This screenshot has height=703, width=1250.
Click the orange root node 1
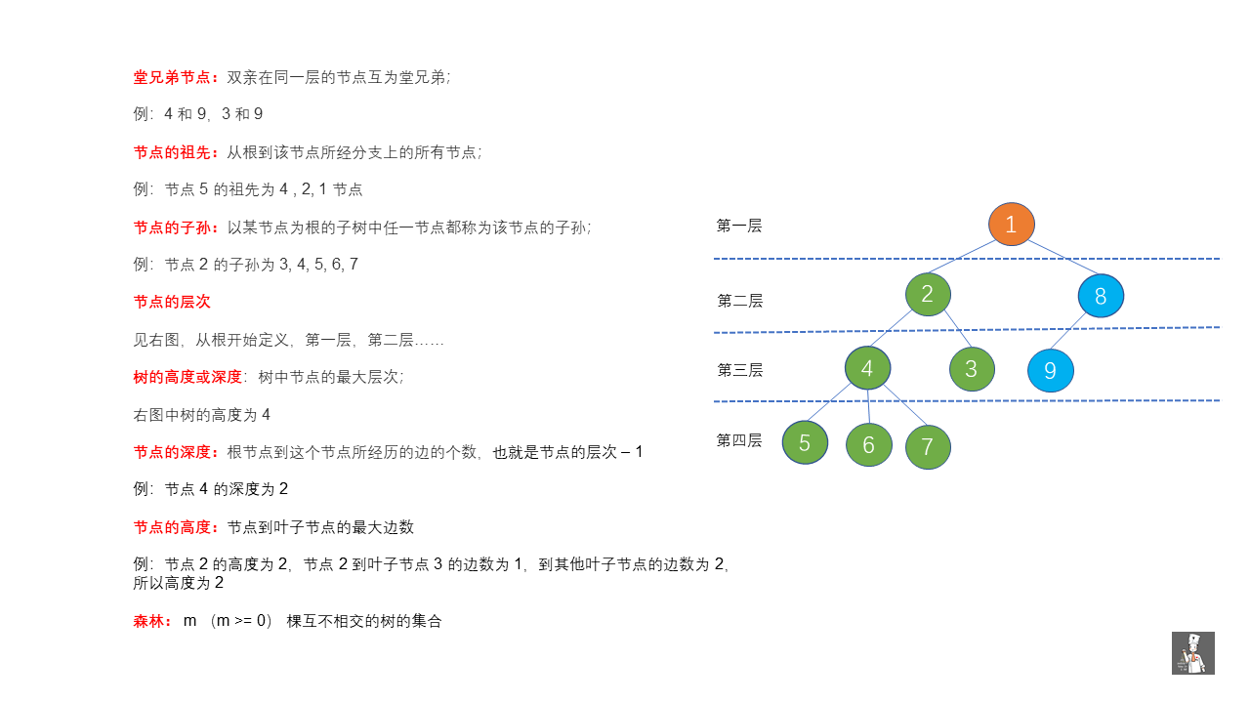point(1011,225)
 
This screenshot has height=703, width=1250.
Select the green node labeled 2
point(928,294)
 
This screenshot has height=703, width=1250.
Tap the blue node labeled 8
point(1101,296)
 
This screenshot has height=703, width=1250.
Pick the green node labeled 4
point(867,368)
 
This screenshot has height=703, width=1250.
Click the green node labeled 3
point(972,369)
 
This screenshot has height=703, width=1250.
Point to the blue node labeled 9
point(1050,370)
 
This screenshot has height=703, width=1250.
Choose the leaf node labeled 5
point(805,442)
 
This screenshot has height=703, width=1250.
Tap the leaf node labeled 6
point(869,444)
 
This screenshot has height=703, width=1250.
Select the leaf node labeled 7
point(928,447)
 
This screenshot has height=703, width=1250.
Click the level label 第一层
point(739,226)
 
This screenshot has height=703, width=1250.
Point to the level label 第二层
point(739,302)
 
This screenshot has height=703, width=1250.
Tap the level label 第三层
point(739,370)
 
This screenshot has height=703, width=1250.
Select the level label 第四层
point(739,440)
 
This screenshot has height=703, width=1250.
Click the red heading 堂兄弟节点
point(172,77)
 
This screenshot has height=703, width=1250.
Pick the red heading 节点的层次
point(172,302)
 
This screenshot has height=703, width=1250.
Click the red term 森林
point(148,621)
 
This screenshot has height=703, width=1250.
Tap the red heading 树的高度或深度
point(187,377)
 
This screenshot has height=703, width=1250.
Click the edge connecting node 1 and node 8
point(1063,258)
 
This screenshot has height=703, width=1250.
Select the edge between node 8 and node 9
point(1068,331)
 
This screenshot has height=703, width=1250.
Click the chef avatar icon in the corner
point(1193,653)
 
